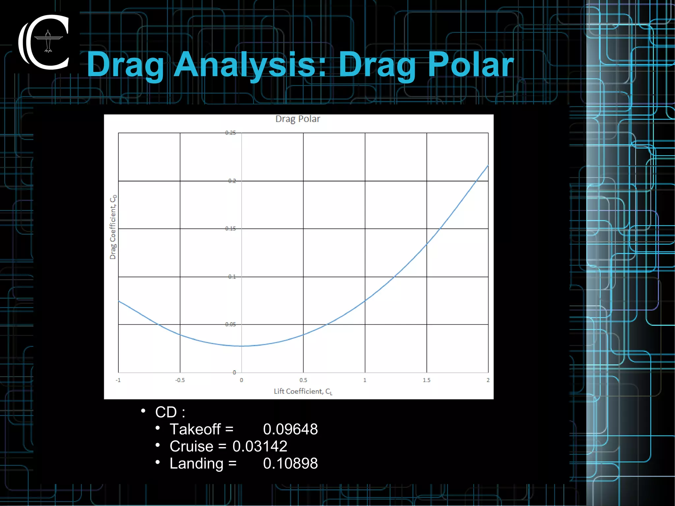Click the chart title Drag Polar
point(298,119)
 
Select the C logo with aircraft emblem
point(44,42)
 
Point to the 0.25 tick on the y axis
point(230,133)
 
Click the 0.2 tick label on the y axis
point(232,181)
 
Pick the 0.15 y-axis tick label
point(230,228)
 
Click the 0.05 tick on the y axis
point(230,324)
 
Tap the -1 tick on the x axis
point(118,380)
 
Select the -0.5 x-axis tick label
point(180,380)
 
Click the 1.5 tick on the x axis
point(426,380)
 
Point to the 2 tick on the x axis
point(488,380)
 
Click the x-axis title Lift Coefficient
point(303,391)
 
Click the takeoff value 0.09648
point(290,429)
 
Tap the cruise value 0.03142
point(260,446)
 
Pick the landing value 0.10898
point(290,463)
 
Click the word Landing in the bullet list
point(196,463)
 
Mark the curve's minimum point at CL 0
point(242,346)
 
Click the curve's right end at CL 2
point(487,166)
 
